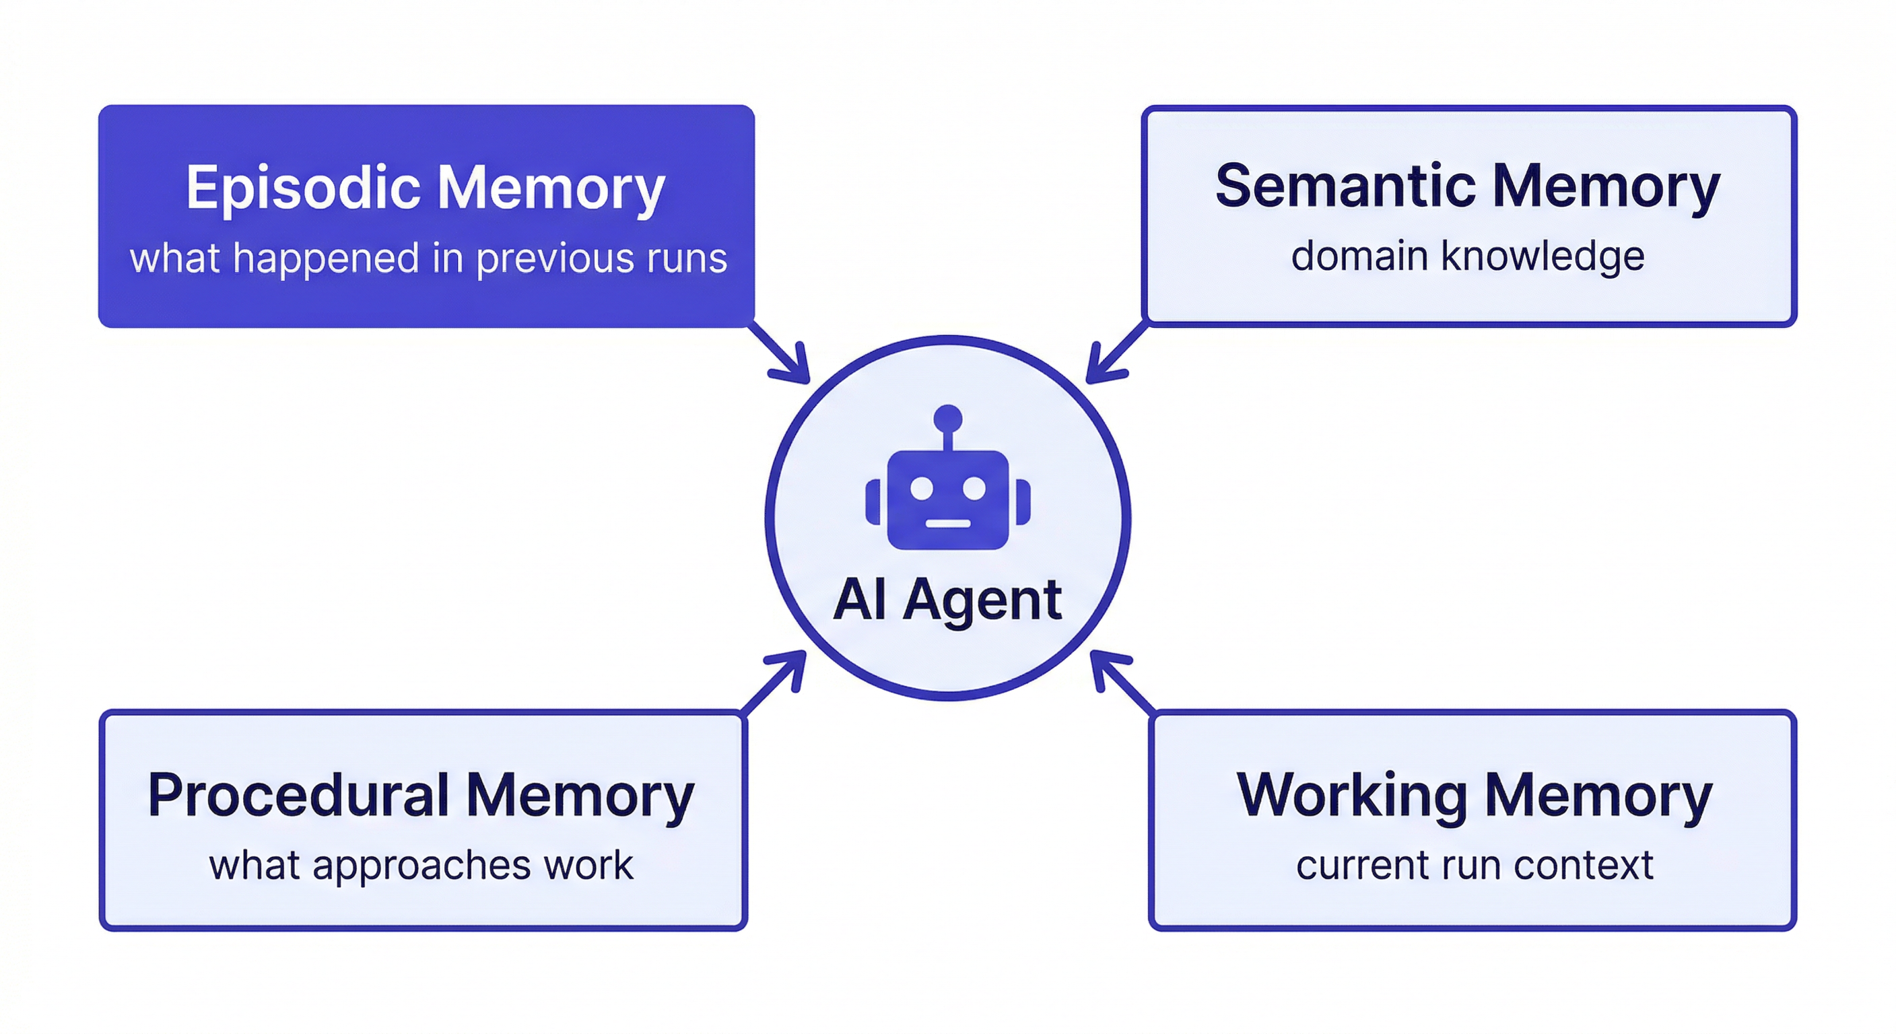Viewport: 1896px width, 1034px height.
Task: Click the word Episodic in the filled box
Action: coord(303,188)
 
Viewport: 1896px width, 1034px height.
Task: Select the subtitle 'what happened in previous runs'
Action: coord(428,258)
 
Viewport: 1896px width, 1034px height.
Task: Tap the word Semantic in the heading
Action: coord(1345,186)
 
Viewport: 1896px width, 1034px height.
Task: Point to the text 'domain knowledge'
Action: coord(1468,256)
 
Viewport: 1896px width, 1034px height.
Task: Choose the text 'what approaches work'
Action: coord(421,865)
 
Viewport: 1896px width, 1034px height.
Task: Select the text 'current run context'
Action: coord(1475,865)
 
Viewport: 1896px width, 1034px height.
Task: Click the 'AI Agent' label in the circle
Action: coord(947,600)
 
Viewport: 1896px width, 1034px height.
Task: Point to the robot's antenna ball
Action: coord(947,418)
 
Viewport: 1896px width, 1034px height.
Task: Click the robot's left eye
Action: coord(922,488)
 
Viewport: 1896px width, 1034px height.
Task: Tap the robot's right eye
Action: coord(974,488)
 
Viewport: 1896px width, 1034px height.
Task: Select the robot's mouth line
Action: coord(948,523)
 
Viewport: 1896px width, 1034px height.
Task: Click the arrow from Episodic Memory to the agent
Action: coord(782,355)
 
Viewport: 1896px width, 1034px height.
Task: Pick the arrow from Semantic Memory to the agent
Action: coord(1115,355)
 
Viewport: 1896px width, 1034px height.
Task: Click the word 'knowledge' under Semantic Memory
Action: coord(1542,256)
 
